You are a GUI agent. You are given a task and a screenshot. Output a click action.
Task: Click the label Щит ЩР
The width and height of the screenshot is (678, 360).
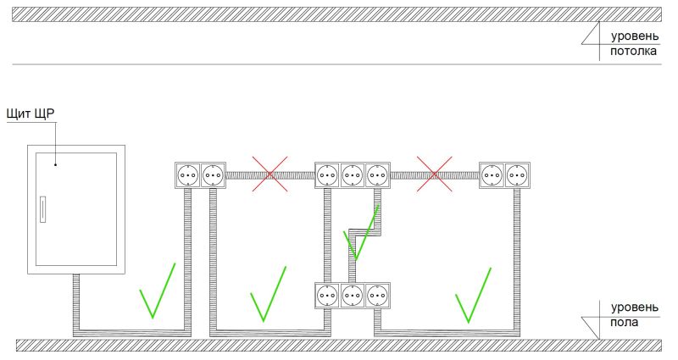pos(31,114)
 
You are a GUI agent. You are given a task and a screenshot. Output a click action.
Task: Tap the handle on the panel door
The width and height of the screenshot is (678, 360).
pos(43,209)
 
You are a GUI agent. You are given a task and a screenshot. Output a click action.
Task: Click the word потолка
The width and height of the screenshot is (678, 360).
pos(633,51)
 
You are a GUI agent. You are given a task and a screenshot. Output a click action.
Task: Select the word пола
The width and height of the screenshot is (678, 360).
pos(624,323)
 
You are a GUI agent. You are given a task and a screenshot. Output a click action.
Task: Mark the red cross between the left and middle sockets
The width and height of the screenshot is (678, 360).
pos(270,174)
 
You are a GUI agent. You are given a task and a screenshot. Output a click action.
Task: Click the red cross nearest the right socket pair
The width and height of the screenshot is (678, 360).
pos(435,174)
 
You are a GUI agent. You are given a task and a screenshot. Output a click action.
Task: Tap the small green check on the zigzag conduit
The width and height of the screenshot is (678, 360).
pos(360,234)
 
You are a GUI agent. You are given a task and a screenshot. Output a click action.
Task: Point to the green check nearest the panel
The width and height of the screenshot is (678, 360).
pos(158,291)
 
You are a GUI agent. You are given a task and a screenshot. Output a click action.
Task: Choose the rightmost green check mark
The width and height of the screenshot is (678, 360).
pos(473,295)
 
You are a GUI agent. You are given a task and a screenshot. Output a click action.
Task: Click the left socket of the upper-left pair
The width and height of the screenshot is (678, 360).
pos(187,175)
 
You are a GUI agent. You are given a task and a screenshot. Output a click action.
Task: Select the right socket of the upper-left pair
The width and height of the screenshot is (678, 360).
pos(213,175)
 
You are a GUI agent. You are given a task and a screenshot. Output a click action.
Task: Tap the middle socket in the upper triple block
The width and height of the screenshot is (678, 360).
pos(353,175)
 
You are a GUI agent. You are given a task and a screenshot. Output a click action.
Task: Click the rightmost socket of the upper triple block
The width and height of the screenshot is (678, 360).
pos(377,175)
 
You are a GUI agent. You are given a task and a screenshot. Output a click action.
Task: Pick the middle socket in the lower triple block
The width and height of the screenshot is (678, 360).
pos(353,296)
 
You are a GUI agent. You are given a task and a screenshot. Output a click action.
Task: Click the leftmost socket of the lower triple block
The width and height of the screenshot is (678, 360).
pos(327,296)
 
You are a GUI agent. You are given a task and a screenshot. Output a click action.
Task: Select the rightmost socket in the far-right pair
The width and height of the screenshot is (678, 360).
pos(517,175)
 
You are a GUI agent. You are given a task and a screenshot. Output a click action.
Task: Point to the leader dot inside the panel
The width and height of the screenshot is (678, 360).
pos(56,164)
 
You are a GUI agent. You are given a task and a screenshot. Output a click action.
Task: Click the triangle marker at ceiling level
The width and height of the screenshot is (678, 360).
pos(591,33)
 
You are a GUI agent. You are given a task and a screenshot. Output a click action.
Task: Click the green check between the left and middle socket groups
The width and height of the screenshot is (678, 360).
pos(268,294)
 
